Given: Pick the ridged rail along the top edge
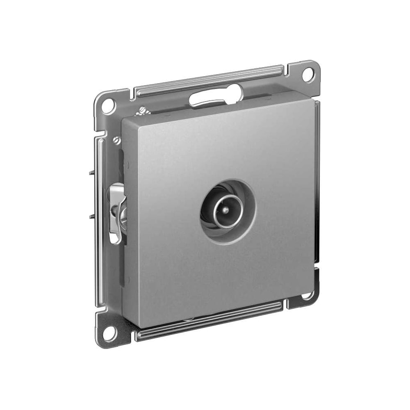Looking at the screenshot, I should tap(209, 81).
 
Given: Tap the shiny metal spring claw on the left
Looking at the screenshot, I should tap(117, 213).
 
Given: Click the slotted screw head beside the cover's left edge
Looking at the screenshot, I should tap(116, 141).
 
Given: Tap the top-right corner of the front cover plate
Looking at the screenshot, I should tap(313, 98).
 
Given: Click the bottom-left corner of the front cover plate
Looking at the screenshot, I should tap(139, 326).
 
